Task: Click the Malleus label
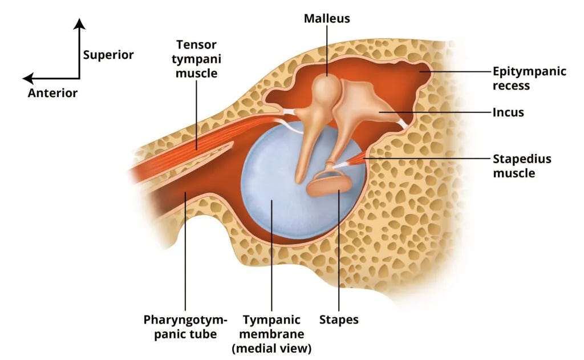326,19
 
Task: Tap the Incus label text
508,112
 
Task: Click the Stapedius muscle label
522,165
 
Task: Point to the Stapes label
339,319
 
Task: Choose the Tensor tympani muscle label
197,59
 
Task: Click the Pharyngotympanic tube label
185,326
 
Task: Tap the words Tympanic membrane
272,326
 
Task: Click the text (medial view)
272,347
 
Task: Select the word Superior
108,55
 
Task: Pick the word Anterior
52,93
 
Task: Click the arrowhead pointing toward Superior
80,23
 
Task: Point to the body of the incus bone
359,103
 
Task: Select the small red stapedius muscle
355,161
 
